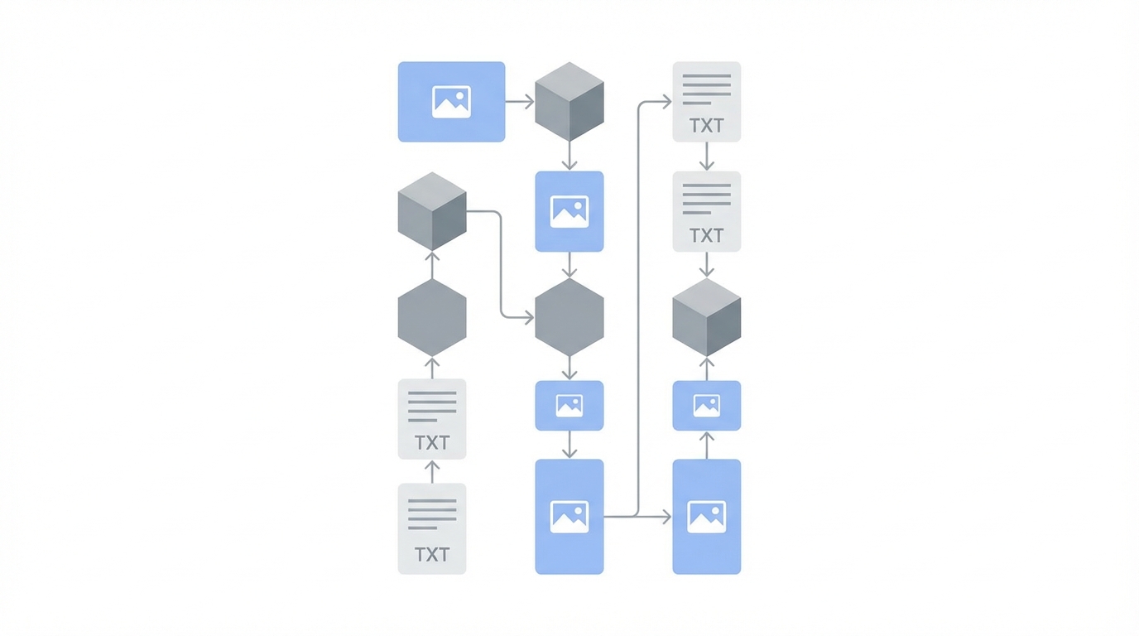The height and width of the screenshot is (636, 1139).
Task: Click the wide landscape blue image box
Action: [451, 101]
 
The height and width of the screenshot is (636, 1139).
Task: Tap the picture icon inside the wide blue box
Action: [451, 102]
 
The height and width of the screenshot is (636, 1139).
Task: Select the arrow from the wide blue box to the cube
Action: [519, 102]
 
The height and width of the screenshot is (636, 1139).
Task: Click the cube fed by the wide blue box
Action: [569, 101]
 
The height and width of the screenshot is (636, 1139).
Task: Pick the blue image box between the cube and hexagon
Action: [569, 211]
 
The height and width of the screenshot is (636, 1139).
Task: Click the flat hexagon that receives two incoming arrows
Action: [569, 317]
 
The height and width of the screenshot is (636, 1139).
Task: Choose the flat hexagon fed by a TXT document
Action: [431, 317]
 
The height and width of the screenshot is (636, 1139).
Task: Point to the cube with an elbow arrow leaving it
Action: [431, 211]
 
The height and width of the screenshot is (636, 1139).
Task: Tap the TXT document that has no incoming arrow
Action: [431, 528]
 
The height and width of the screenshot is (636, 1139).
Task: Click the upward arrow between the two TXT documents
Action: [431, 471]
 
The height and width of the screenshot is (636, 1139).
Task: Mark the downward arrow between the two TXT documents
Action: [706, 157]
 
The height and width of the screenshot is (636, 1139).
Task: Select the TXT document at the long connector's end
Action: [706, 101]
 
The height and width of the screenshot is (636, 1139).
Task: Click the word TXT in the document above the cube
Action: [706, 236]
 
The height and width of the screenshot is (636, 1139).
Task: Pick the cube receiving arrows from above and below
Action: [706, 317]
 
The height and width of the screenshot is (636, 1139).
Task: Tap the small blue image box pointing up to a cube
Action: [706, 406]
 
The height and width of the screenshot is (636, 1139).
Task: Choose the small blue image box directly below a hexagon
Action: [569, 406]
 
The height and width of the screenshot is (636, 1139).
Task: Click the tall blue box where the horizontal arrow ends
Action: [706, 517]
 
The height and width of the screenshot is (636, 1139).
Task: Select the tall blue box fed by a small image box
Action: [569, 517]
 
